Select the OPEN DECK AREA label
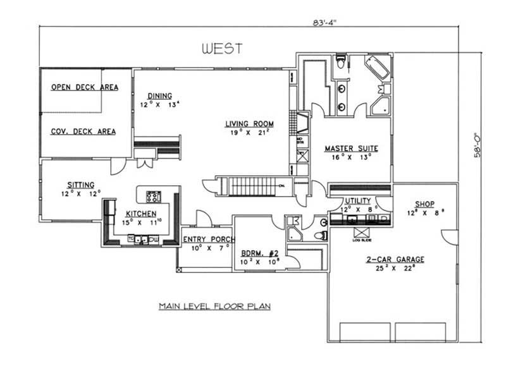83,88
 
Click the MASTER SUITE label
351,149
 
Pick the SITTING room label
82,185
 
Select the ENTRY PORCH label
208,240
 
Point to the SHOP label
424,204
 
